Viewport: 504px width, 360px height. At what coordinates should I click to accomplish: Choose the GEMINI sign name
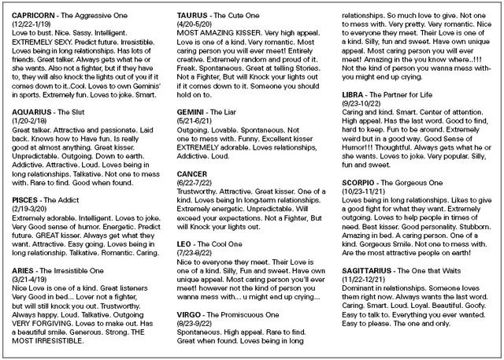click(x=191, y=112)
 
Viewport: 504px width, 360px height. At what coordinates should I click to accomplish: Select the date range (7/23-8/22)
click(x=195, y=255)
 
